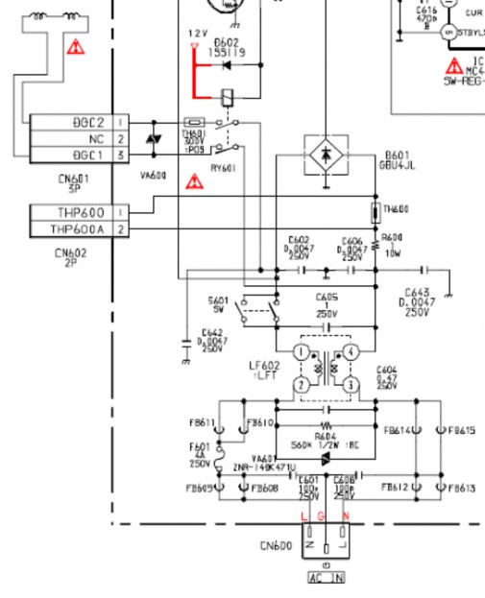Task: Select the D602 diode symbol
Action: pos(226,66)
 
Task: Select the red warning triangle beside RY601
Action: pos(195,179)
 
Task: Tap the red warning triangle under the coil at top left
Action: pos(74,45)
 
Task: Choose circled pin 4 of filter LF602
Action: pos(352,353)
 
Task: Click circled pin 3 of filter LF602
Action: pos(352,385)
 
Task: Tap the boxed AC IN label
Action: pos(326,578)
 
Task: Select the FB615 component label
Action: pos(461,431)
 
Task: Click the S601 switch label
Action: pos(218,300)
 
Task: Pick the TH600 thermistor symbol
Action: pos(375,212)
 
